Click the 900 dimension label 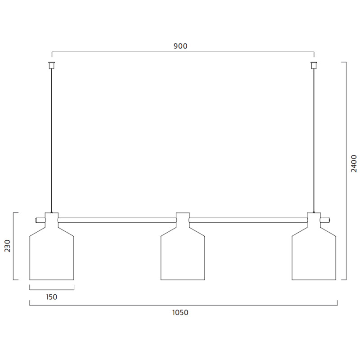[180, 46]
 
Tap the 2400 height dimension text [354, 164]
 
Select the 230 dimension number [8, 247]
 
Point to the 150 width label [51, 297]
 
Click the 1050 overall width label [180, 313]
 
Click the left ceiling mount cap [52, 65]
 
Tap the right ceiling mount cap [314, 65]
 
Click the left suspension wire [52, 139]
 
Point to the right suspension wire [314, 139]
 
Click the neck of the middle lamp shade [183, 219]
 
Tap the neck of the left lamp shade [51, 219]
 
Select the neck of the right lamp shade [314, 219]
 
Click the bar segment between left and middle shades [117, 220]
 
